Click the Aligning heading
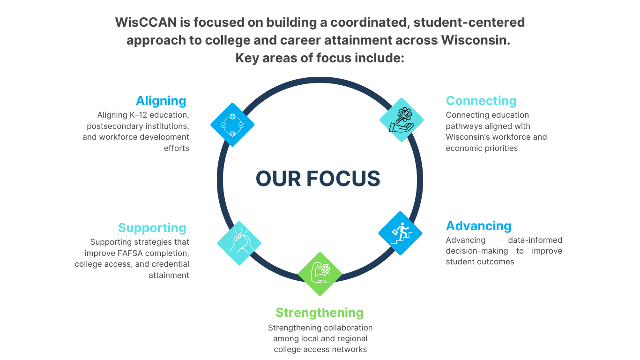161,101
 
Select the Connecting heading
481,101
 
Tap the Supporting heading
152,228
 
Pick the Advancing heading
478,226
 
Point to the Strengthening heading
319,313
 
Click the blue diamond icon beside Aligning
232,125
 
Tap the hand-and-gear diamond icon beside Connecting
402,120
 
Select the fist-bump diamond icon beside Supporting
239,243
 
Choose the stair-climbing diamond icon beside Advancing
400,233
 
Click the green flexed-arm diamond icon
320,274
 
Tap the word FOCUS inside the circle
343,179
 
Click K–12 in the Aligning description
139,115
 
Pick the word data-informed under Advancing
535,240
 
